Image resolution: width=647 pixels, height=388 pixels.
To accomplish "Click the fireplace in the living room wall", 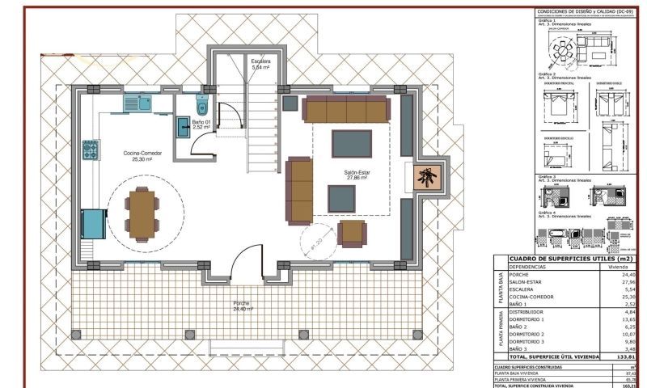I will tap(425, 177).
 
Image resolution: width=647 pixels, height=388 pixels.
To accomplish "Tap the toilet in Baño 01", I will tap(201, 108).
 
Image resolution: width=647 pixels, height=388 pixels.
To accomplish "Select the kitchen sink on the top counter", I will tap(138, 103).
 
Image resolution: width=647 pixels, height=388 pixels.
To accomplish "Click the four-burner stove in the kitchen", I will tap(91, 150).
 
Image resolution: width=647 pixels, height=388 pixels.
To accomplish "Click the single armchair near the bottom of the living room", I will tap(352, 234).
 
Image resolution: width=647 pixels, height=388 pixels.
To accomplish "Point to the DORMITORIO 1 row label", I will tap(527, 318).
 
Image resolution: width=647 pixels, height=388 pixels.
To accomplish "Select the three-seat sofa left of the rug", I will tap(299, 192).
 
